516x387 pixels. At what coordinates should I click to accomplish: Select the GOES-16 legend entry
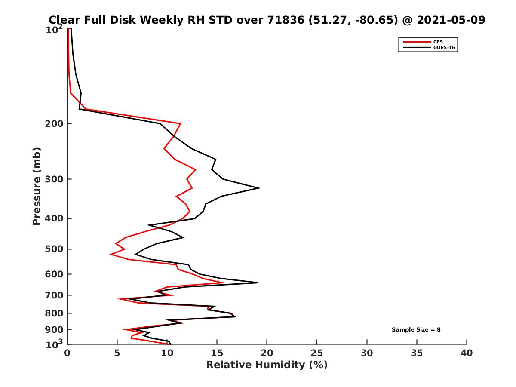tap(443, 47)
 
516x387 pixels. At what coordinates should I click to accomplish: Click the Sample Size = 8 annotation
tap(416, 330)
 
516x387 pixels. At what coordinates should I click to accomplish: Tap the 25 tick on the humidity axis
tap(317, 353)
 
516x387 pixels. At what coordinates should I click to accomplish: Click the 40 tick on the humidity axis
tap(467, 353)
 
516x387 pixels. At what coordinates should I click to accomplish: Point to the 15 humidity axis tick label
tap(217, 353)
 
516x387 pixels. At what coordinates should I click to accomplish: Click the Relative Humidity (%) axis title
tap(267, 365)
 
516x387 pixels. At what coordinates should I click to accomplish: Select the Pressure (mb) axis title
tap(37, 186)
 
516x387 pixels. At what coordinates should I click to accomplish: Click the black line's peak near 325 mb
tap(259, 188)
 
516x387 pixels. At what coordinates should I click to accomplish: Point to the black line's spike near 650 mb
tap(258, 283)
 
